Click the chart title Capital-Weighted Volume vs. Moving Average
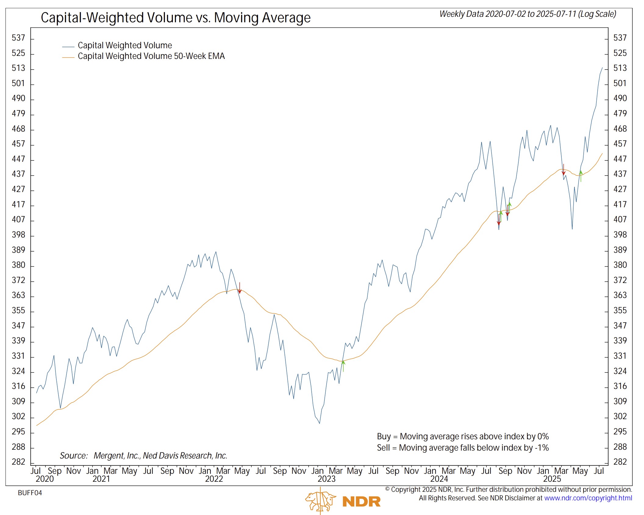pos(176,18)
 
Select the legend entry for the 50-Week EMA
pos(151,56)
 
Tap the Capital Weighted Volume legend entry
pos(125,45)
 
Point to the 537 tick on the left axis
pos(18,38)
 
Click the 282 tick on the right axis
pos(620,462)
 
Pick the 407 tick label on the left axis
pos(18,219)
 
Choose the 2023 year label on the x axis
pos(326,479)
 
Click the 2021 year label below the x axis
pos(101,479)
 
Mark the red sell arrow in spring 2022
pos(240,288)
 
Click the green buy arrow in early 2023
pos(343,366)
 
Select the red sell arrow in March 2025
pos(563,169)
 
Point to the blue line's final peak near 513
pos(602,68)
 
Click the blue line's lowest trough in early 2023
pos(320,423)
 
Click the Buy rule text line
pos(463,437)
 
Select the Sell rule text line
pos(463,448)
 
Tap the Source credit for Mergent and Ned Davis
pos(144,455)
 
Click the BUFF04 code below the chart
pos(30,493)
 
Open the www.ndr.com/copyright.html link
pos(588,498)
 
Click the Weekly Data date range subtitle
pos(528,14)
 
